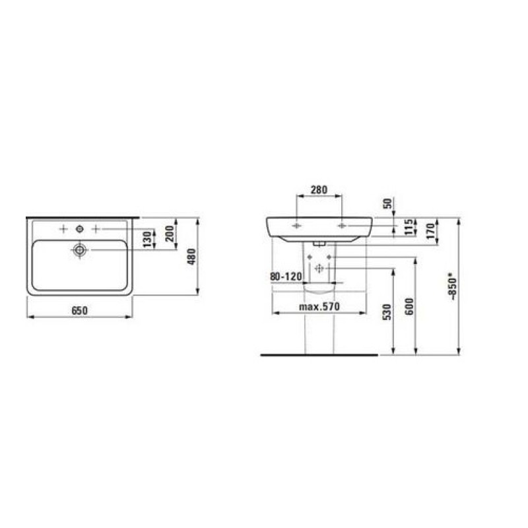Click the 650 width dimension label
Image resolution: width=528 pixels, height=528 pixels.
click(x=79, y=310)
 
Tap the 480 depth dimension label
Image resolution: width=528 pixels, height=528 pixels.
click(x=191, y=257)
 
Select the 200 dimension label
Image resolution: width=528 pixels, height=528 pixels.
click(x=170, y=234)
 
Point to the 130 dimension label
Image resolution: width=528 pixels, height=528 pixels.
click(x=147, y=240)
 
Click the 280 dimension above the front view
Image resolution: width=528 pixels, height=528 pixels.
click(x=319, y=190)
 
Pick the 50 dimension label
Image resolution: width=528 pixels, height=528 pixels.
click(x=387, y=203)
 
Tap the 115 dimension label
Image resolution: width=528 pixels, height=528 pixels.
click(x=408, y=227)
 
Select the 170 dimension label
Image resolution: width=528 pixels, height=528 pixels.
click(x=431, y=231)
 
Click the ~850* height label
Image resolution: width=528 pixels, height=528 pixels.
click(x=452, y=288)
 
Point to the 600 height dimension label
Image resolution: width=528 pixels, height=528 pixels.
click(x=409, y=306)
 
